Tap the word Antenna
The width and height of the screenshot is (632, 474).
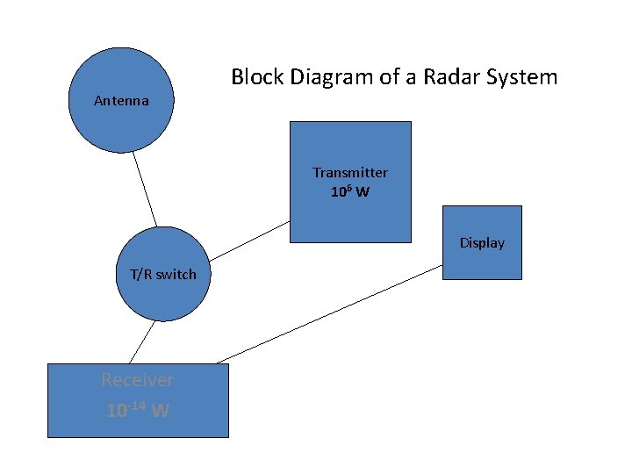tap(121, 100)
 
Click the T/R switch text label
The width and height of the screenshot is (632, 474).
tap(163, 274)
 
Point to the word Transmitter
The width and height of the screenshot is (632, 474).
tap(350, 173)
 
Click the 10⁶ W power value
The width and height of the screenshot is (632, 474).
tap(350, 191)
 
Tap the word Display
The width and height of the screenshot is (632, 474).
tap(482, 243)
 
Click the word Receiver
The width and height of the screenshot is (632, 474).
tap(137, 380)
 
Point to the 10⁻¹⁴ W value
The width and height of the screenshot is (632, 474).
tap(137, 410)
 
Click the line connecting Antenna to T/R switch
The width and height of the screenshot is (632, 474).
tap(145, 190)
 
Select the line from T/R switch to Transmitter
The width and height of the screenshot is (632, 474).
tap(250, 240)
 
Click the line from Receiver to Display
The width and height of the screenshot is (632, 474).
tap(329, 313)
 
